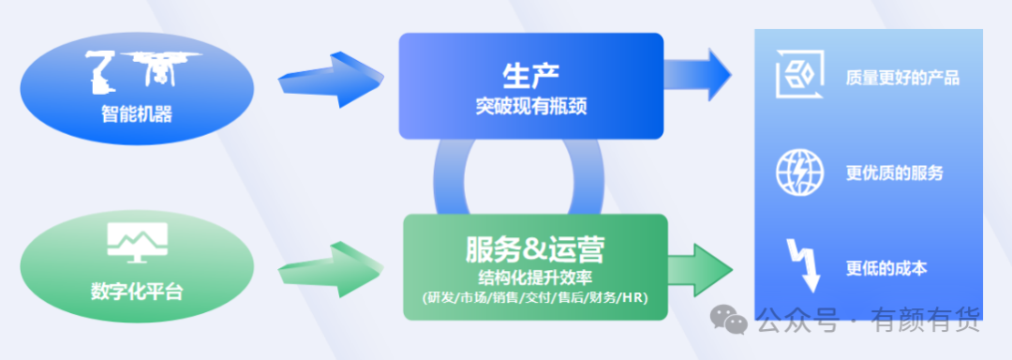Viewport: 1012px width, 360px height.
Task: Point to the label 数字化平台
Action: coord(137,292)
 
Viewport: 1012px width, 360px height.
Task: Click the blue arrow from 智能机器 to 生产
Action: coord(331,80)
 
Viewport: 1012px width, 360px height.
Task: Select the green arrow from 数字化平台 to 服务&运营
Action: coord(331,269)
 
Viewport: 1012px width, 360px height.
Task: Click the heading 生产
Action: coord(530,76)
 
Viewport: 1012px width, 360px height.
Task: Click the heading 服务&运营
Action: coord(534,249)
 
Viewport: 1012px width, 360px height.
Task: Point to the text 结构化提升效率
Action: coord(534,278)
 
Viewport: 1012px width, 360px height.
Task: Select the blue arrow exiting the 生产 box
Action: coord(698,75)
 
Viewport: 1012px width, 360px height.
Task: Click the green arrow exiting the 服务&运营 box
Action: coord(700,270)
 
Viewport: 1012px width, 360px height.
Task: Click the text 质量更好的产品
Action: coord(902,79)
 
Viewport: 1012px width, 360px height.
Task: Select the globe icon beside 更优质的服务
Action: coord(799,172)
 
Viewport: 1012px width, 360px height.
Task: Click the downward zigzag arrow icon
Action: coord(802,266)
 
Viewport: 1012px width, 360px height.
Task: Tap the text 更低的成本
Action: coord(886,268)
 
